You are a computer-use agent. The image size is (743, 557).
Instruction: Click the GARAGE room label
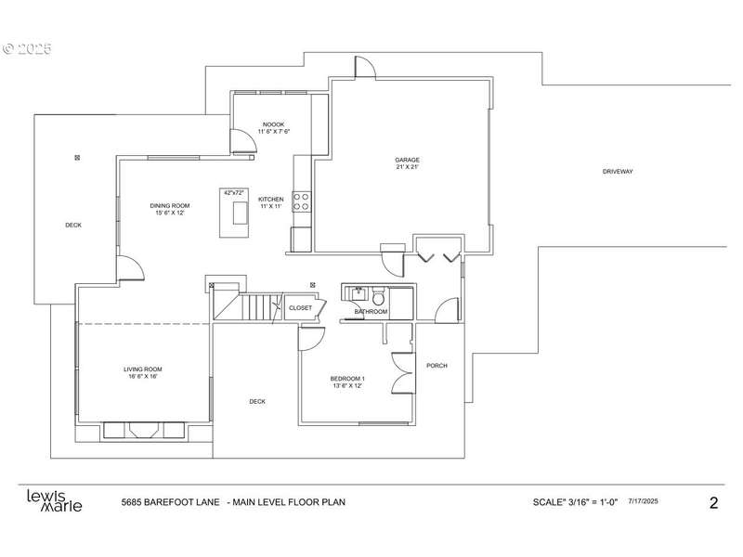[x=408, y=160]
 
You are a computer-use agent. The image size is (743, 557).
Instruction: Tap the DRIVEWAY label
[x=618, y=172]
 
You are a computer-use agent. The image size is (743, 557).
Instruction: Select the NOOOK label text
[x=273, y=124]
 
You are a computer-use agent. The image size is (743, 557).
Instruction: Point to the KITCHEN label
[x=271, y=200]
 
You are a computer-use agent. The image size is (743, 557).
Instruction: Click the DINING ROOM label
[x=170, y=205]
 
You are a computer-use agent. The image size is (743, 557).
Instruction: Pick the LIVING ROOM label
[x=143, y=369]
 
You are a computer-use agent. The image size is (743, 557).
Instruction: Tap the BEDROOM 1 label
[x=347, y=379]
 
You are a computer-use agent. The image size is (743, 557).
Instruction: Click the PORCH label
[x=437, y=365]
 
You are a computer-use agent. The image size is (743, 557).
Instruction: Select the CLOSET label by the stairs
[x=300, y=308]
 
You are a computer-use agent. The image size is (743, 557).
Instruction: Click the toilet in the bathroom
[x=378, y=297]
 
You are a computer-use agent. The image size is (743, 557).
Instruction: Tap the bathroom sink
[x=358, y=292]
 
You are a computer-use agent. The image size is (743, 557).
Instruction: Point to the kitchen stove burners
[x=301, y=201]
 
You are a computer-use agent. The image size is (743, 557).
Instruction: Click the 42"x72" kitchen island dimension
[x=234, y=193]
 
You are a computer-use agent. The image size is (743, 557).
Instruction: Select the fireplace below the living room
[x=144, y=430]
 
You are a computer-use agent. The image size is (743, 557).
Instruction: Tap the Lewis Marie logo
[x=54, y=501]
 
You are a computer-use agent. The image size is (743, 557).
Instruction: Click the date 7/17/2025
[x=643, y=501]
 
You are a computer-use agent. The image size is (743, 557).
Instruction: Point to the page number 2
[x=713, y=502]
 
